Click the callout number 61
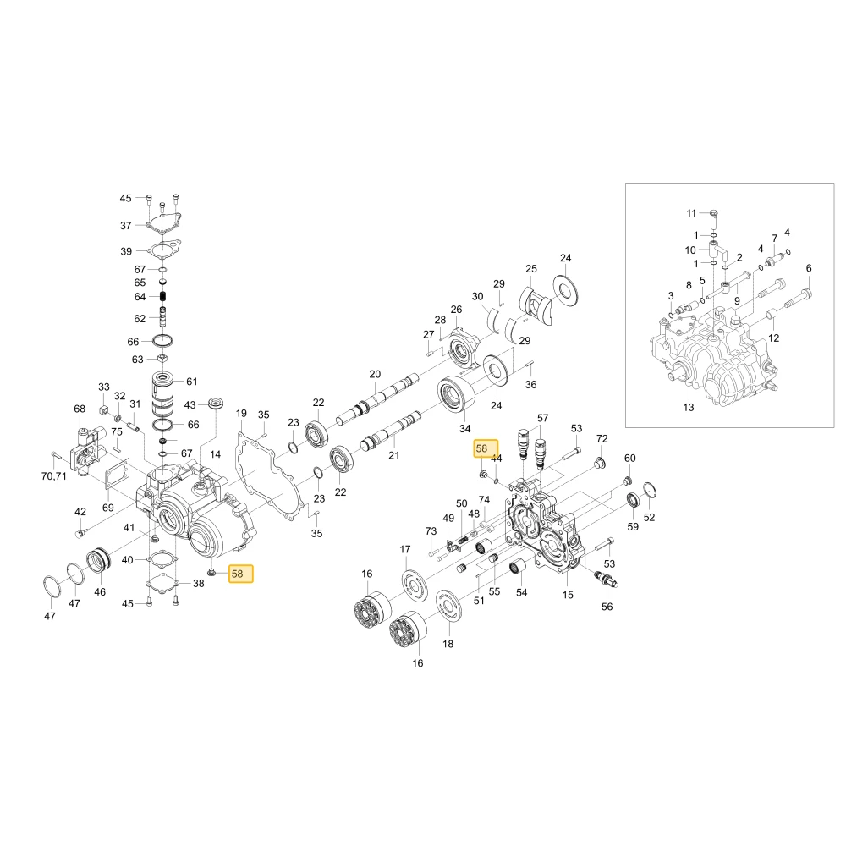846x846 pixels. pyautogui.click(x=191, y=382)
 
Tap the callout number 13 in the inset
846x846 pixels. pyautogui.click(x=689, y=408)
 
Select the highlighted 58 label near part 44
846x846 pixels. pyautogui.click(x=486, y=448)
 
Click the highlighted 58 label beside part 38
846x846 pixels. pyautogui.click(x=240, y=574)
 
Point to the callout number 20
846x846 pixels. pyautogui.click(x=375, y=374)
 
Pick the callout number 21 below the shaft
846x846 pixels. pyautogui.click(x=394, y=455)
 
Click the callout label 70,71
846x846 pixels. pyautogui.click(x=54, y=475)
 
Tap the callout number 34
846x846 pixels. pyautogui.click(x=465, y=428)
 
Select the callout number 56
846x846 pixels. pyautogui.click(x=607, y=607)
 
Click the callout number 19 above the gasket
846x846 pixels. pyautogui.click(x=241, y=414)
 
